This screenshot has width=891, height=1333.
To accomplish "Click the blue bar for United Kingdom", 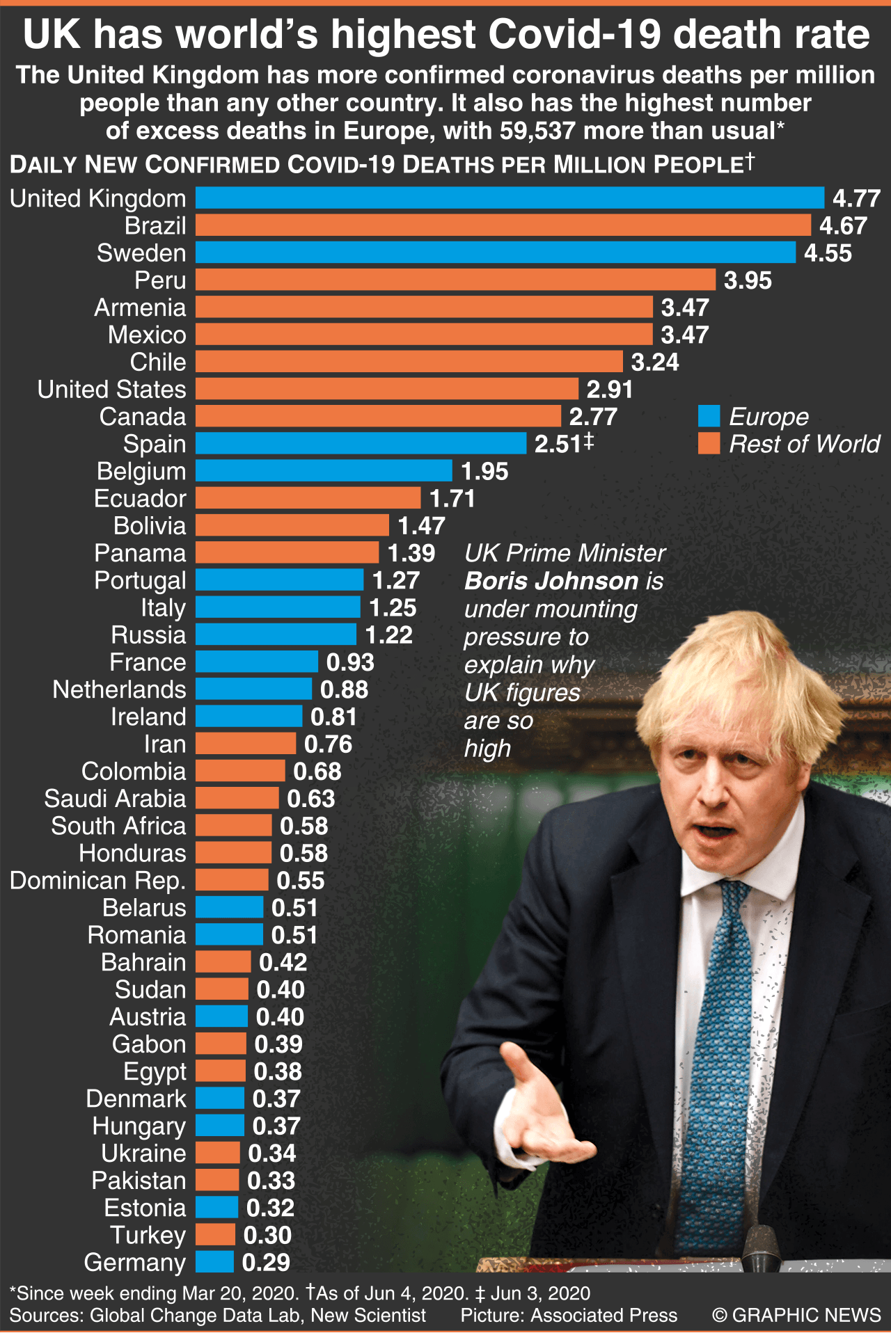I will tap(510, 198).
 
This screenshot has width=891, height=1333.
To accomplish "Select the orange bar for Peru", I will tap(455, 280).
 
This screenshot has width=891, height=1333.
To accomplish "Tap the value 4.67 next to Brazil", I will tap(843, 226).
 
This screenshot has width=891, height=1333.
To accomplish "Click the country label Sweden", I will tap(141, 253).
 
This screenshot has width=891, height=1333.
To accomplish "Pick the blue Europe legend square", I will tap(709, 416).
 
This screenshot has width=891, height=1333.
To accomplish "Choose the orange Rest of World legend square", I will tap(709, 444).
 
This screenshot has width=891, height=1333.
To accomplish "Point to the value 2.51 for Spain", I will tap(558, 444).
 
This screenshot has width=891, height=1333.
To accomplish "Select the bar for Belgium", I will tap(324, 471).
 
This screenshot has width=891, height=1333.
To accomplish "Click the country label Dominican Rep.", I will tap(98, 881).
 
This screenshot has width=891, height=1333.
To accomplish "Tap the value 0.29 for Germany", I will tap(266, 1263).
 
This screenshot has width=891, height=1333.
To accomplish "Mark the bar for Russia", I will tap(276, 634).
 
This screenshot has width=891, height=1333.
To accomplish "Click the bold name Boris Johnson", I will tap(551, 581).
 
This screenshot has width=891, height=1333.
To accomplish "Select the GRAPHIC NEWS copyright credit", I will tap(796, 1315).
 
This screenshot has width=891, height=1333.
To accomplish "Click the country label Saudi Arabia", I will tap(115, 799).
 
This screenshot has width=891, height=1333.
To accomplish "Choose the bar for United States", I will tap(387, 389).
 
